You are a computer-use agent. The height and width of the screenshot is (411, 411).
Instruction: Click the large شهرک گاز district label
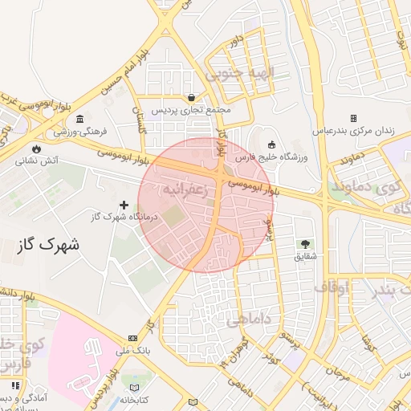click(48, 243)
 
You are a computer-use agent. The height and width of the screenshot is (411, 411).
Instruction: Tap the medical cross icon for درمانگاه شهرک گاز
click(124, 205)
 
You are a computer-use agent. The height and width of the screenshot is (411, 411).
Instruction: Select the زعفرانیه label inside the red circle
click(186, 191)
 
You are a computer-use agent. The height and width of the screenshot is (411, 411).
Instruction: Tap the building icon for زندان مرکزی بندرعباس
click(353, 118)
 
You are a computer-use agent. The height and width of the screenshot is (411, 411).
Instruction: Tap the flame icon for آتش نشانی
click(35, 149)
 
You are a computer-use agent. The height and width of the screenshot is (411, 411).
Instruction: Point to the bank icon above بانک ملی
click(132, 339)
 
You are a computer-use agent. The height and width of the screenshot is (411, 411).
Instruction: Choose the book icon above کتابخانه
click(132, 388)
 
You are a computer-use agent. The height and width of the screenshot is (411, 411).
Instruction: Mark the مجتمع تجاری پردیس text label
click(191, 109)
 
